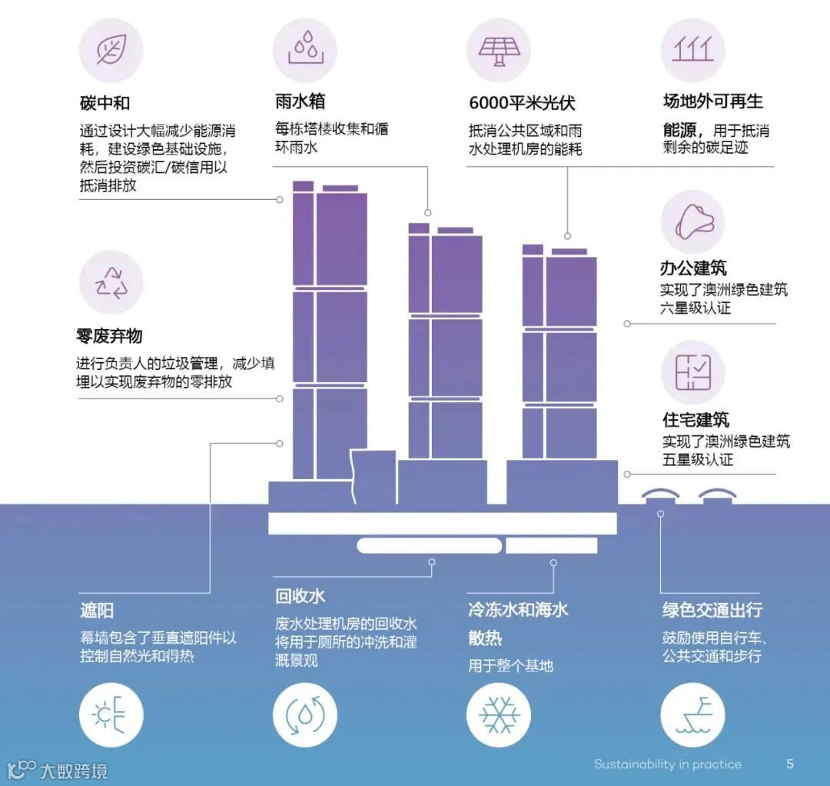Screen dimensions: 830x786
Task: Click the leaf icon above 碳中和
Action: (x=111, y=50)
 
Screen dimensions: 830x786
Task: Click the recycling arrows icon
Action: (x=111, y=282)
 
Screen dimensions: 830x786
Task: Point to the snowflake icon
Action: (x=499, y=715)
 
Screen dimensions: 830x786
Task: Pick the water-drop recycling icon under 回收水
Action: (x=305, y=715)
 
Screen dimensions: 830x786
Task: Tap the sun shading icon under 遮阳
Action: (x=111, y=715)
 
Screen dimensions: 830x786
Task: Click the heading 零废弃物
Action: (x=109, y=336)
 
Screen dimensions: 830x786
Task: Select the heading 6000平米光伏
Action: (x=522, y=103)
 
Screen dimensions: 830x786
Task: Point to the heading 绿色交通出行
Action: (x=712, y=610)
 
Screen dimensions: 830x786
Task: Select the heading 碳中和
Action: (x=105, y=102)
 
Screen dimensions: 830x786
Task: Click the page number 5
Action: (x=789, y=764)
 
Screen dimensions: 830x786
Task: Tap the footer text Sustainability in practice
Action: (x=667, y=764)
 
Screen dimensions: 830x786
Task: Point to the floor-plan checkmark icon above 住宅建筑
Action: (x=692, y=373)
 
